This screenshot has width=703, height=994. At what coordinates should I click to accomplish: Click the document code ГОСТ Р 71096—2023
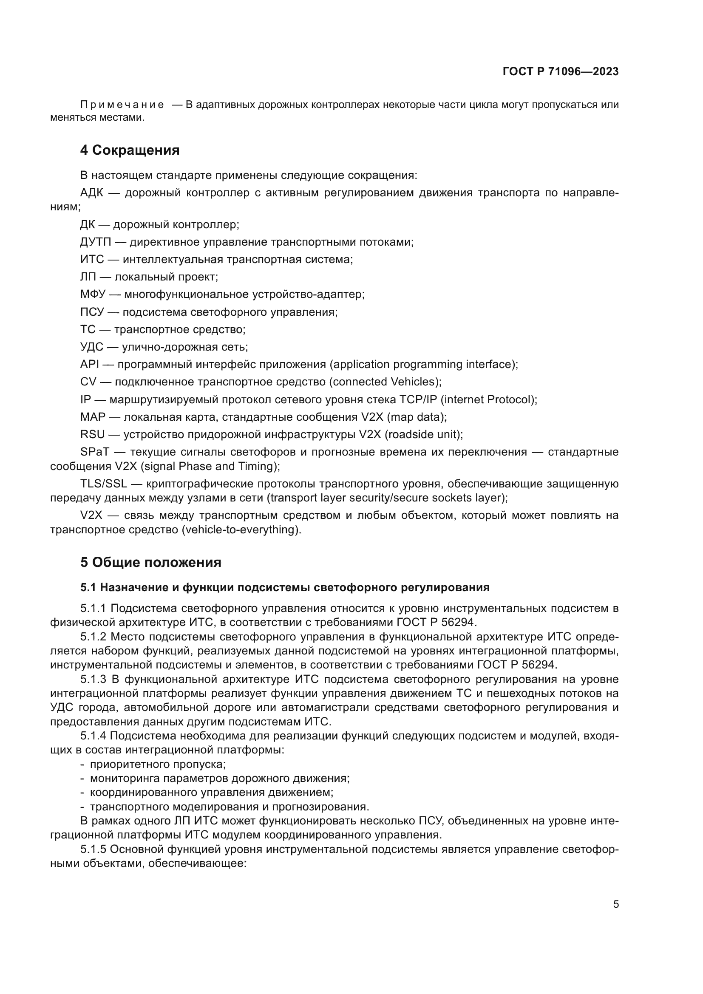560,71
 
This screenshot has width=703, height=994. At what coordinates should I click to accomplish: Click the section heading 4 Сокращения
130,150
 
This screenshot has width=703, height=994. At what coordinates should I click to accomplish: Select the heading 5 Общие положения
150,562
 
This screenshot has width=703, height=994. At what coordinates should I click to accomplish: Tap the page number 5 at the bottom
615,904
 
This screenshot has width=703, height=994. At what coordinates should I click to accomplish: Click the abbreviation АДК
91,193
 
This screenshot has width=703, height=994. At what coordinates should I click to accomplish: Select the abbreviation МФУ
93,295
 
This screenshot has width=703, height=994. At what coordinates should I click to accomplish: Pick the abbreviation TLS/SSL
103,484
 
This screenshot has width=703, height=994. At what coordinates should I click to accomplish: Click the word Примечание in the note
122,105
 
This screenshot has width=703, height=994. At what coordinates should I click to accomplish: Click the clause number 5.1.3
93,679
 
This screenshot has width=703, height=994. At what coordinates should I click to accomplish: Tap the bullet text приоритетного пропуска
158,764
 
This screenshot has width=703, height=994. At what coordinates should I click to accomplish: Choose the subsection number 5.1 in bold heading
88,587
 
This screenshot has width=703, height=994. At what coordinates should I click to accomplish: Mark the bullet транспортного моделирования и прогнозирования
229,807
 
